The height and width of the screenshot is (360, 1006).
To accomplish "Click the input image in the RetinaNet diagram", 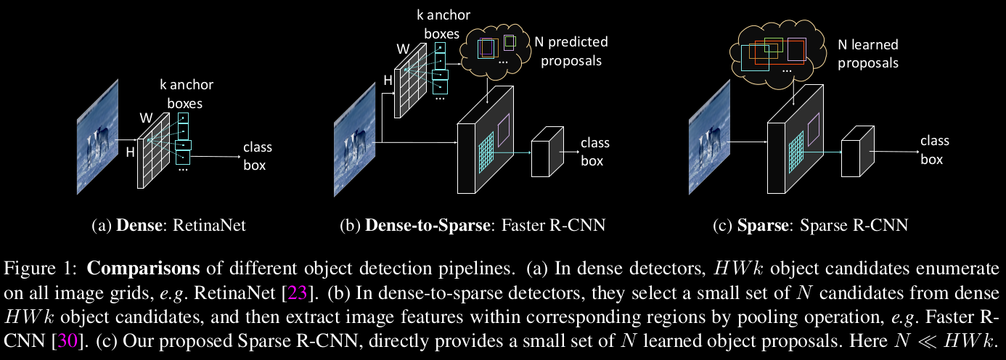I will pyautogui.click(x=98, y=136).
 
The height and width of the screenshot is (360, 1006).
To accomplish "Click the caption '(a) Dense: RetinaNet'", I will pyautogui.click(x=169, y=225).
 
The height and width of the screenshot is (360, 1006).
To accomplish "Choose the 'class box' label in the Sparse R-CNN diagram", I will pyautogui.click(x=934, y=150).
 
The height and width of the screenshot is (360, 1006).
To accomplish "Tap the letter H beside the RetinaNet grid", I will pyautogui.click(x=131, y=152).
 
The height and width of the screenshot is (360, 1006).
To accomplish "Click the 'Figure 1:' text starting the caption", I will pyautogui.click(x=41, y=269).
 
